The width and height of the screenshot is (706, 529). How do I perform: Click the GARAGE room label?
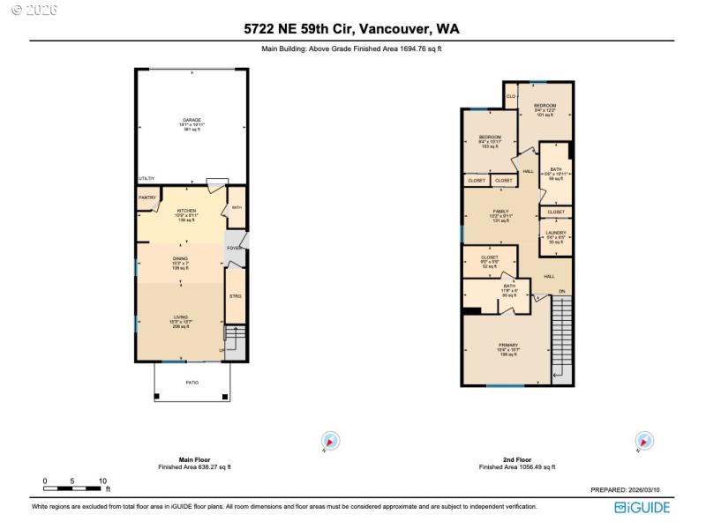192,120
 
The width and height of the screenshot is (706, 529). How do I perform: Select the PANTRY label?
146,198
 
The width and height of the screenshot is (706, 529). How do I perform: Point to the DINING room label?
180,259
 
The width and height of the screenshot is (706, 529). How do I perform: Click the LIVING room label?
180,317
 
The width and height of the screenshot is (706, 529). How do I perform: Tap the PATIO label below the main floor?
192,383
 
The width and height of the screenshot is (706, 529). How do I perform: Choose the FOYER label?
234,249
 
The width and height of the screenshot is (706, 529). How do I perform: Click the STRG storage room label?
236,296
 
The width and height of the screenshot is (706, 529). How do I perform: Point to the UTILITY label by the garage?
146,179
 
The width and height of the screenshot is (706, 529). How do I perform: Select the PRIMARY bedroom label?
507,346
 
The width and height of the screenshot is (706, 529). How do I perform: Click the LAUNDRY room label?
556,233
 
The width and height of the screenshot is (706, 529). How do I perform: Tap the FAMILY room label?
500,212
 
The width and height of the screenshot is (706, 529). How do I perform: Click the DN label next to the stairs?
560,291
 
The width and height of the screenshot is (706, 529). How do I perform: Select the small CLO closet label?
511,95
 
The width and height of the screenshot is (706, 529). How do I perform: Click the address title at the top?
351,29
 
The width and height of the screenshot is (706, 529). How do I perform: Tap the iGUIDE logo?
642,507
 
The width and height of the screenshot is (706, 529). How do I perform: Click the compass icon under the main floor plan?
330,441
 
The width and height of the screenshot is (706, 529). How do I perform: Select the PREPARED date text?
629,490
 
